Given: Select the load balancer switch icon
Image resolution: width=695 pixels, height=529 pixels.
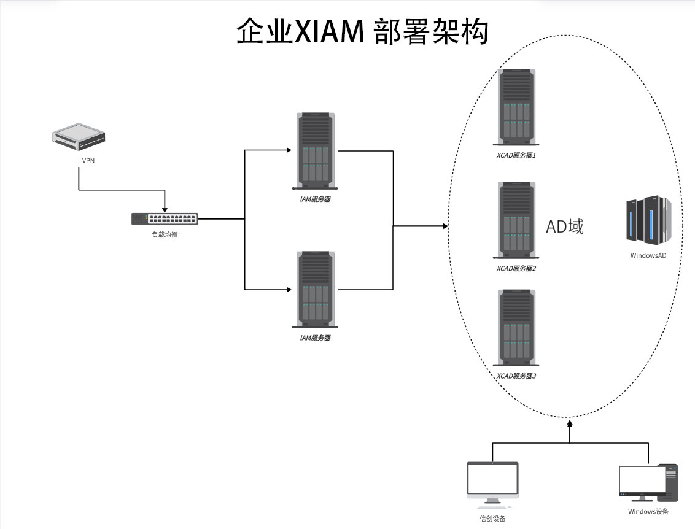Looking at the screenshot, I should pos(165,218).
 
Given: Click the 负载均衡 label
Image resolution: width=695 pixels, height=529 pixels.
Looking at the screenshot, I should pos(165,234).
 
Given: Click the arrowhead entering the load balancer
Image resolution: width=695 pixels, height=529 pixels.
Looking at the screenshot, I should pos(165,209).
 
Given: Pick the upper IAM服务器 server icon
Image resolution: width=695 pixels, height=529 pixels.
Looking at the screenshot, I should pos(316,150).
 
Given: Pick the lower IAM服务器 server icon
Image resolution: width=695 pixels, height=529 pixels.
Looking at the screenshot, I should pos(316,289).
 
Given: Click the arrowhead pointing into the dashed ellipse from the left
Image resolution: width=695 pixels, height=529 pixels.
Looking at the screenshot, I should pos(445,226).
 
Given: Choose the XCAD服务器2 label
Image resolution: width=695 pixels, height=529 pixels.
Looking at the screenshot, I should pos(516,269).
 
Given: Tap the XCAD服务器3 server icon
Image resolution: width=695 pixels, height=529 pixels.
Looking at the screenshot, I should pos(516,328).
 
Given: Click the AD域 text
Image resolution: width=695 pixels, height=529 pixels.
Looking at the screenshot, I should pos(565,227).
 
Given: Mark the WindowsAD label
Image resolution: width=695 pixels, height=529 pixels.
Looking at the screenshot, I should pos(648,255).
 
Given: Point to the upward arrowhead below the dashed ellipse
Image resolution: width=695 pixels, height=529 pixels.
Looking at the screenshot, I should pos(570,423).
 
